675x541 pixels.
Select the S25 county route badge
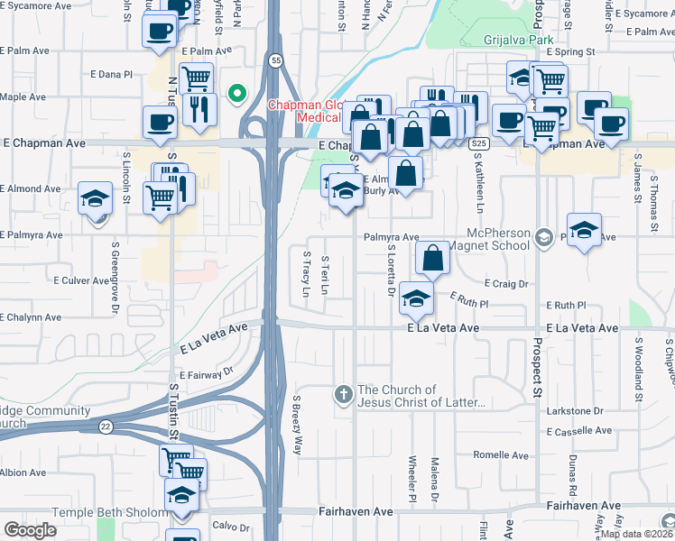click(x=479, y=143)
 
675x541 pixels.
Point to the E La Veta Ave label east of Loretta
click(x=442, y=329)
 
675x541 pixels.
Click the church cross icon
click(x=343, y=394)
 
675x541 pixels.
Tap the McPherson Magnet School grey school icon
click(x=542, y=237)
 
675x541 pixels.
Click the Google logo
click(x=30, y=530)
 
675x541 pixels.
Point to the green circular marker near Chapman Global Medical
click(x=237, y=92)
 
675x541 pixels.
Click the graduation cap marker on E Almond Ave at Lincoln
click(x=95, y=198)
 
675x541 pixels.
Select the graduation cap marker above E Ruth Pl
click(x=415, y=298)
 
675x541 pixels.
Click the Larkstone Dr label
click(x=574, y=411)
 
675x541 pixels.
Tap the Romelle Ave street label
click(x=500, y=455)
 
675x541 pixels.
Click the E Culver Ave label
click(x=87, y=281)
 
